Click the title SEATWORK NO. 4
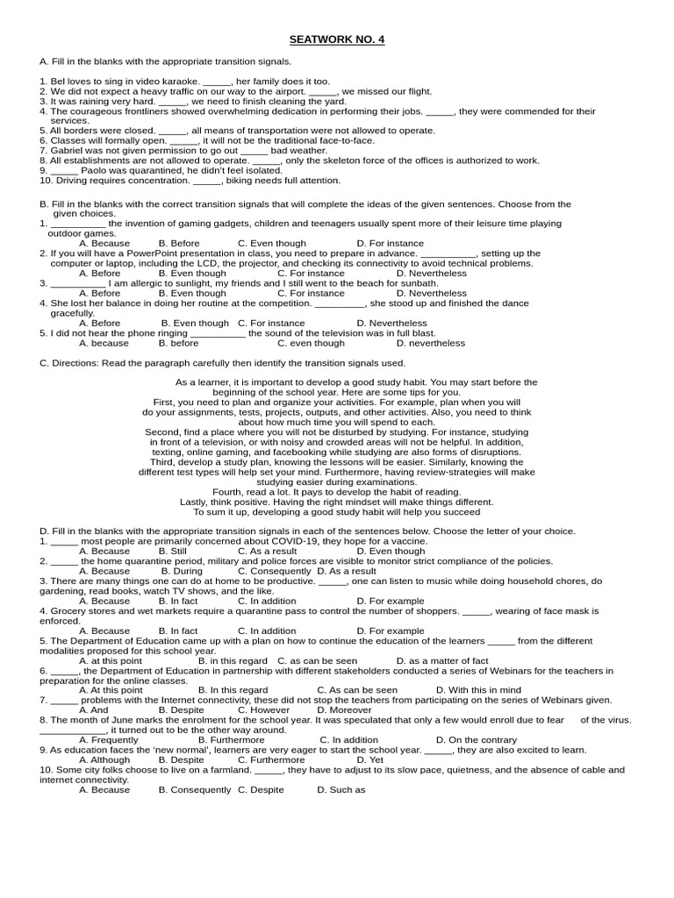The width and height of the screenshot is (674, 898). point(337,39)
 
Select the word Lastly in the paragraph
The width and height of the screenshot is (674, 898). point(195,502)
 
